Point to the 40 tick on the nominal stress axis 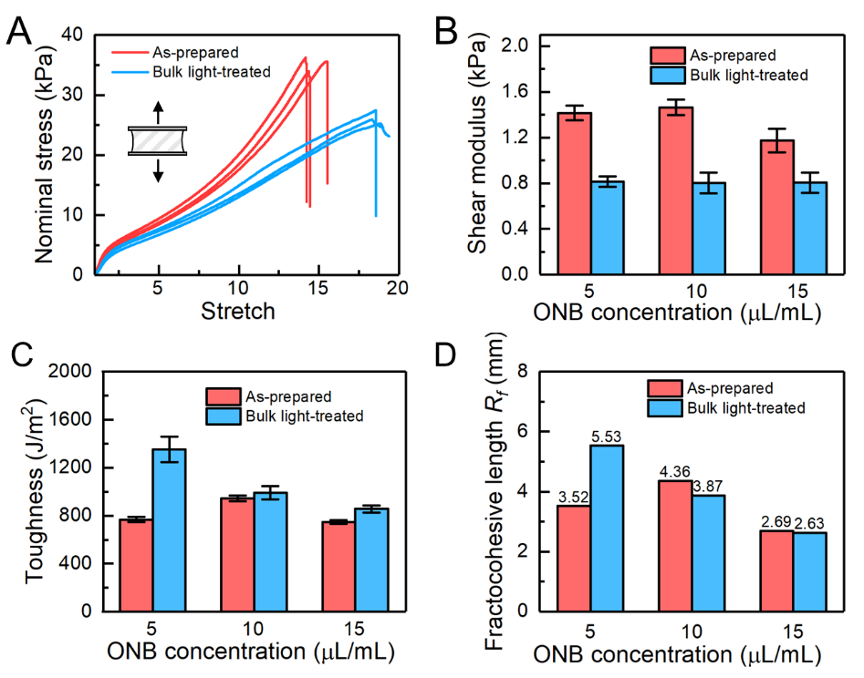click(70, 36)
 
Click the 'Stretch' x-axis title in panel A click(237, 312)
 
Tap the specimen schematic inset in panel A click(157, 141)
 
